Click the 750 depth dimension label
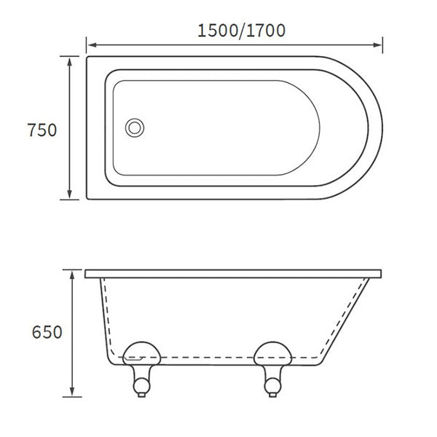click(x=42, y=130)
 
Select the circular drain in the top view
click(x=134, y=127)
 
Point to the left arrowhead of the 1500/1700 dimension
click(x=91, y=47)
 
